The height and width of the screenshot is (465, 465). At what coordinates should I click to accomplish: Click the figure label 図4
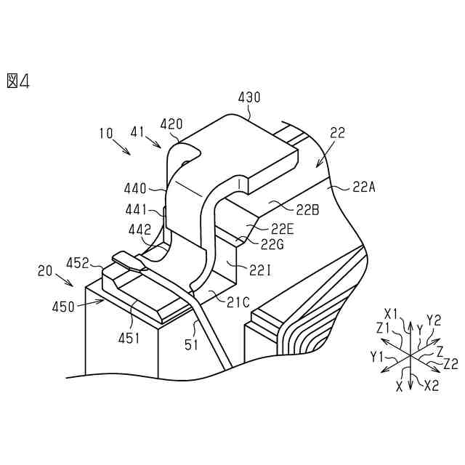point(18,80)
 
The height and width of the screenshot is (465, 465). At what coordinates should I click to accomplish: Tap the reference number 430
point(249,97)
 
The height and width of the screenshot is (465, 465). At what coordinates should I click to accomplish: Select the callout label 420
point(171,124)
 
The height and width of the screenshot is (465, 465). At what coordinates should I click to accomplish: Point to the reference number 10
point(106,134)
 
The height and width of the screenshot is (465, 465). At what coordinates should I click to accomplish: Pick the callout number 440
point(135,188)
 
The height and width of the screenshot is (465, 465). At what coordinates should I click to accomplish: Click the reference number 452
point(78,262)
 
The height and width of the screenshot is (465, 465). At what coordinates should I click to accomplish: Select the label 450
point(63,307)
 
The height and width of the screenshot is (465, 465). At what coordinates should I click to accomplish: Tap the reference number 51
point(190,345)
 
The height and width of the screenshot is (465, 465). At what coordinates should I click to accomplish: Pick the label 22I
point(260,270)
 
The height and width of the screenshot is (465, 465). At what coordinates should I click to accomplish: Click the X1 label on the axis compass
point(392,314)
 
